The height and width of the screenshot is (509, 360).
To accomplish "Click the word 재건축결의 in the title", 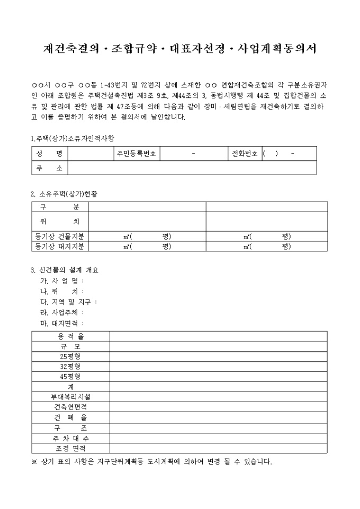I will [71, 49].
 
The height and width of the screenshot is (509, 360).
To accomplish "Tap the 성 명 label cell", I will [50, 153].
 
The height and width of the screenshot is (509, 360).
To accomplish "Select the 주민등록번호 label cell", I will [137, 153].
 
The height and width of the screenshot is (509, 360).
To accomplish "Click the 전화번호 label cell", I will [245, 153].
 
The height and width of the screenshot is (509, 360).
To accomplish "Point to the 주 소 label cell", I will [50, 168].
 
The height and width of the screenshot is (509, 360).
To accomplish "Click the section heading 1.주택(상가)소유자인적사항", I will [73, 138].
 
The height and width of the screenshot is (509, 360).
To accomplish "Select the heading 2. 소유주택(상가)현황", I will [64, 194].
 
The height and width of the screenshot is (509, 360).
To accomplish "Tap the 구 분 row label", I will [60, 206].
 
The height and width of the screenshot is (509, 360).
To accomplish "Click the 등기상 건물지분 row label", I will [60, 236].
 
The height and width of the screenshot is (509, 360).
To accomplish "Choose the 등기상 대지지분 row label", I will [60, 246].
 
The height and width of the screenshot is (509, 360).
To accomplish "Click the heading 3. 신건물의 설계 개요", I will [65, 270].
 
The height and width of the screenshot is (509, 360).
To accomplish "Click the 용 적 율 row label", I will [70, 337].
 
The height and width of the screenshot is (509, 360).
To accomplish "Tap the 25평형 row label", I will [70, 357].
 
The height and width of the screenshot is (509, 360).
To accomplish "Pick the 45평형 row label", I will [70, 377].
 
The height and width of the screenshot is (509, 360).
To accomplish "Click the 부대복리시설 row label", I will [70, 397].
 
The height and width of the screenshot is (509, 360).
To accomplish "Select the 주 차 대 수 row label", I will [70, 439].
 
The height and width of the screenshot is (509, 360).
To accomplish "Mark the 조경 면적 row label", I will [70, 448].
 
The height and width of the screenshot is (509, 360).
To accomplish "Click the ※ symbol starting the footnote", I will [34, 461].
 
